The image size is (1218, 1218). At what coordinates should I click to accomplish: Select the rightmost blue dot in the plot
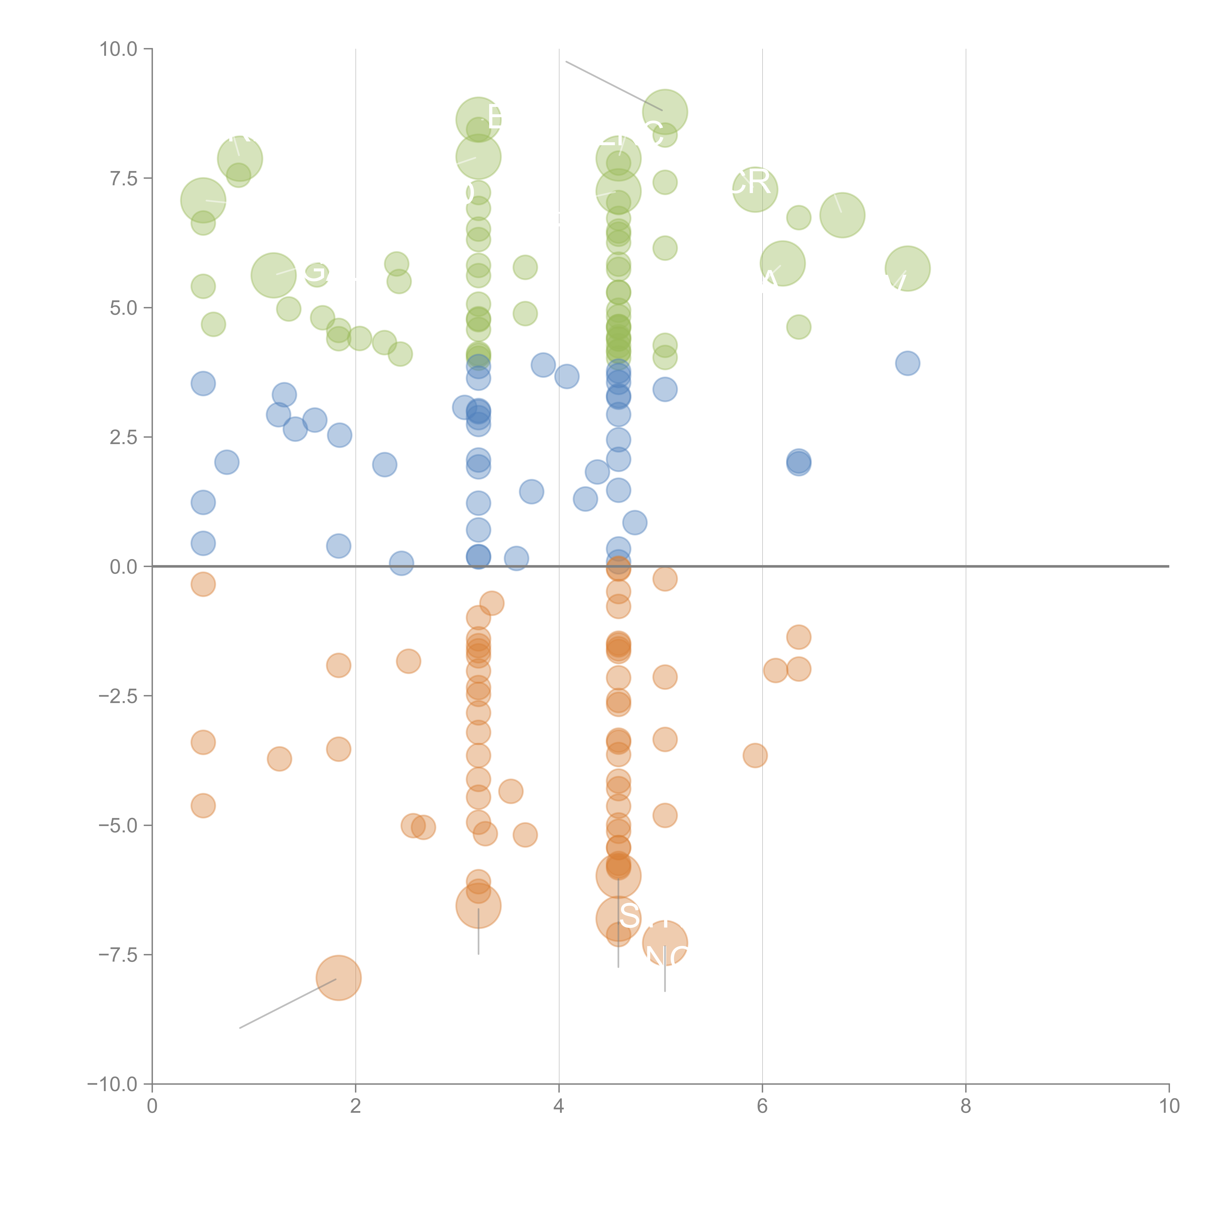point(907,363)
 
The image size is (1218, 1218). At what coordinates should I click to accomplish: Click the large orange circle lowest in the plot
point(339,978)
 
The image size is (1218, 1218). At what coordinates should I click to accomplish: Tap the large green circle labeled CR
point(755,189)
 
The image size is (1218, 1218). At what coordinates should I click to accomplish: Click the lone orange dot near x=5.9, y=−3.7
point(755,755)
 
